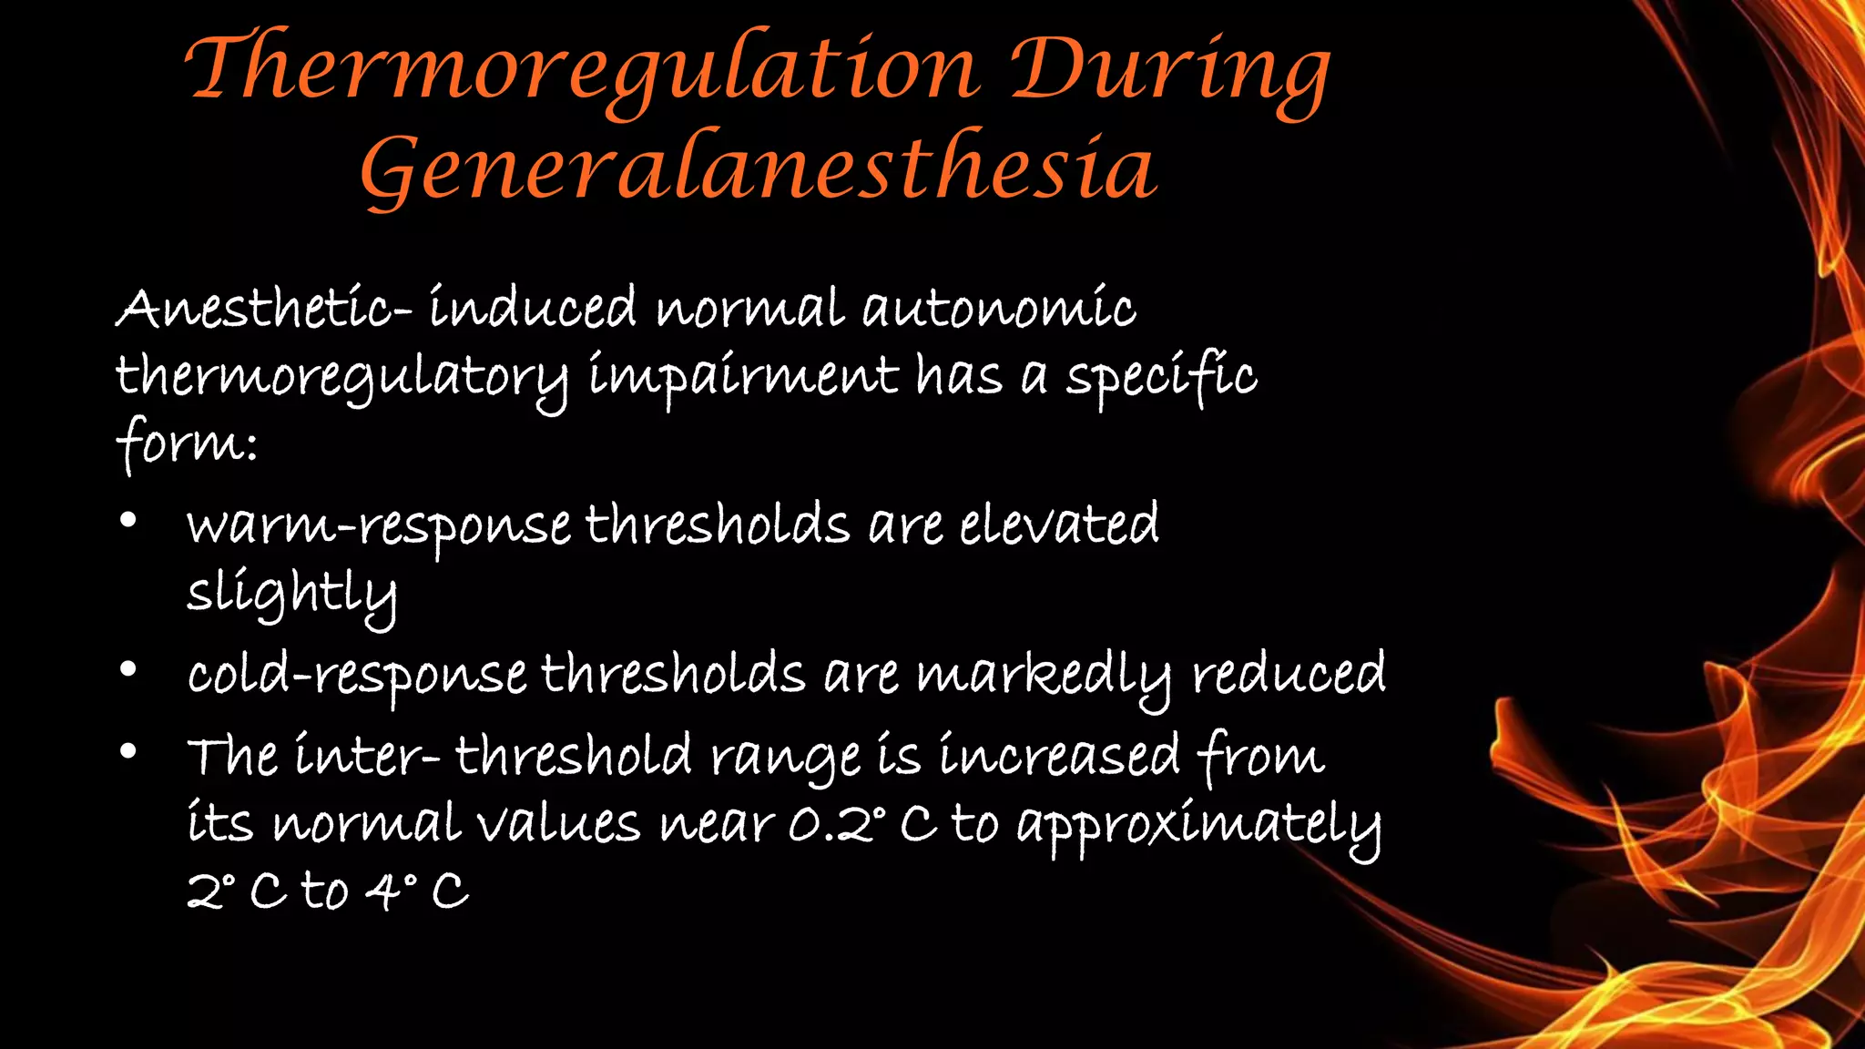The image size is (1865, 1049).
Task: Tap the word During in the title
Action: [1171, 71]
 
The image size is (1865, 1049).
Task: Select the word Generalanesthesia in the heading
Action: [759, 169]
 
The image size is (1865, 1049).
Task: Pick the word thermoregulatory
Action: [341, 377]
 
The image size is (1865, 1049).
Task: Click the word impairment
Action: [742, 377]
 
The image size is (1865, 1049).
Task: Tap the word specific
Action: [1161, 377]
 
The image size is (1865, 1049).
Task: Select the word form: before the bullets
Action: [187, 443]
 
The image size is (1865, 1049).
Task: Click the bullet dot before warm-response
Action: [128, 521]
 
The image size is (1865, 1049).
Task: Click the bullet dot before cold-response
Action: [128, 670]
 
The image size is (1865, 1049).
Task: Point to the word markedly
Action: [1044, 676]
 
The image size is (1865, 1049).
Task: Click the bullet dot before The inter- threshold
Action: [128, 751]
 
